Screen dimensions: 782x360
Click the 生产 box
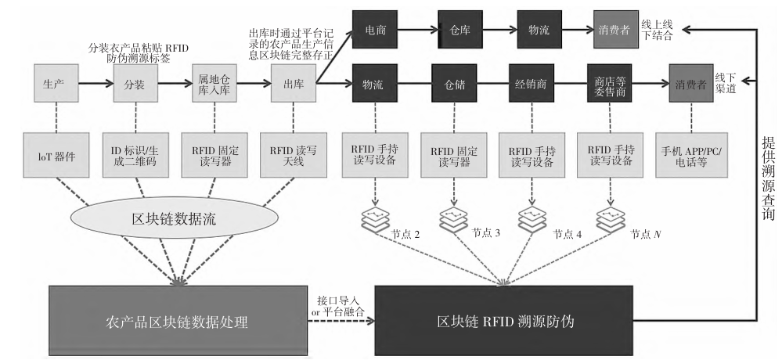(x=56, y=83)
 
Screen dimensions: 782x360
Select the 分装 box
(x=135, y=83)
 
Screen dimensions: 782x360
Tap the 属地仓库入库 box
(x=214, y=83)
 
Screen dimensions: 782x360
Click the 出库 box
(x=294, y=83)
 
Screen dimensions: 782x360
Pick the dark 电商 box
(x=374, y=30)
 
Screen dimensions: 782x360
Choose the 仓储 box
(x=454, y=83)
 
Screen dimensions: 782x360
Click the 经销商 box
(x=531, y=83)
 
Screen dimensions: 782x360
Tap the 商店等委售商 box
(x=610, y=83)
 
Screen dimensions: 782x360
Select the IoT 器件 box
(x=56, y=155)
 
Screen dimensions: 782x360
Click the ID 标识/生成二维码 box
(x=135, y=155)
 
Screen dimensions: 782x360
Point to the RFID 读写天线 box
(x=294, y=155)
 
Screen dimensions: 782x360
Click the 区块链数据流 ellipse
(x=174, y=218)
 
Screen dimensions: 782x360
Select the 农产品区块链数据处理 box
(x=178, y=321)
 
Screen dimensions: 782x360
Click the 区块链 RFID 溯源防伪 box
(x=503, y=321)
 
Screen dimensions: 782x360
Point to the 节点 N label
(x=645, y=234)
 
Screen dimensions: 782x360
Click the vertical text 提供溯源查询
(x=768, y=178)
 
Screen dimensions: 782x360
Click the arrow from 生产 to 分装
(x=95, y=83)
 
